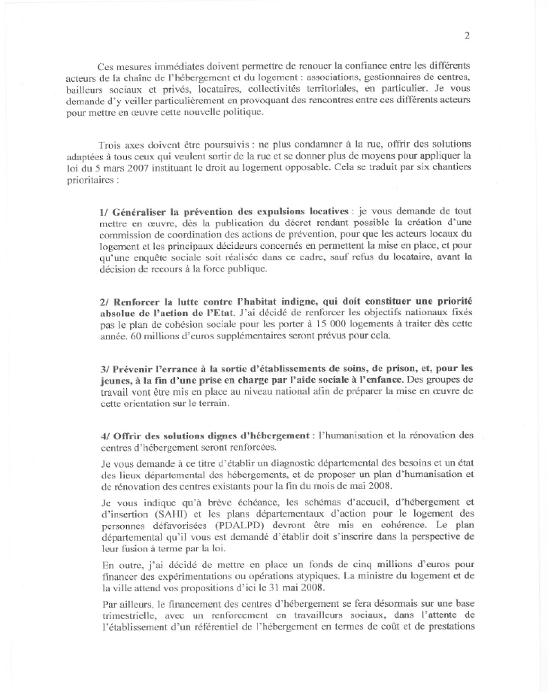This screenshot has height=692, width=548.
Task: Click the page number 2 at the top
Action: [x=467, y=35]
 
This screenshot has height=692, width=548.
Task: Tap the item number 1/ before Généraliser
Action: [x=104, y=213]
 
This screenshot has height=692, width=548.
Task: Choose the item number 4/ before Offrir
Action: [x=104, y=436]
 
